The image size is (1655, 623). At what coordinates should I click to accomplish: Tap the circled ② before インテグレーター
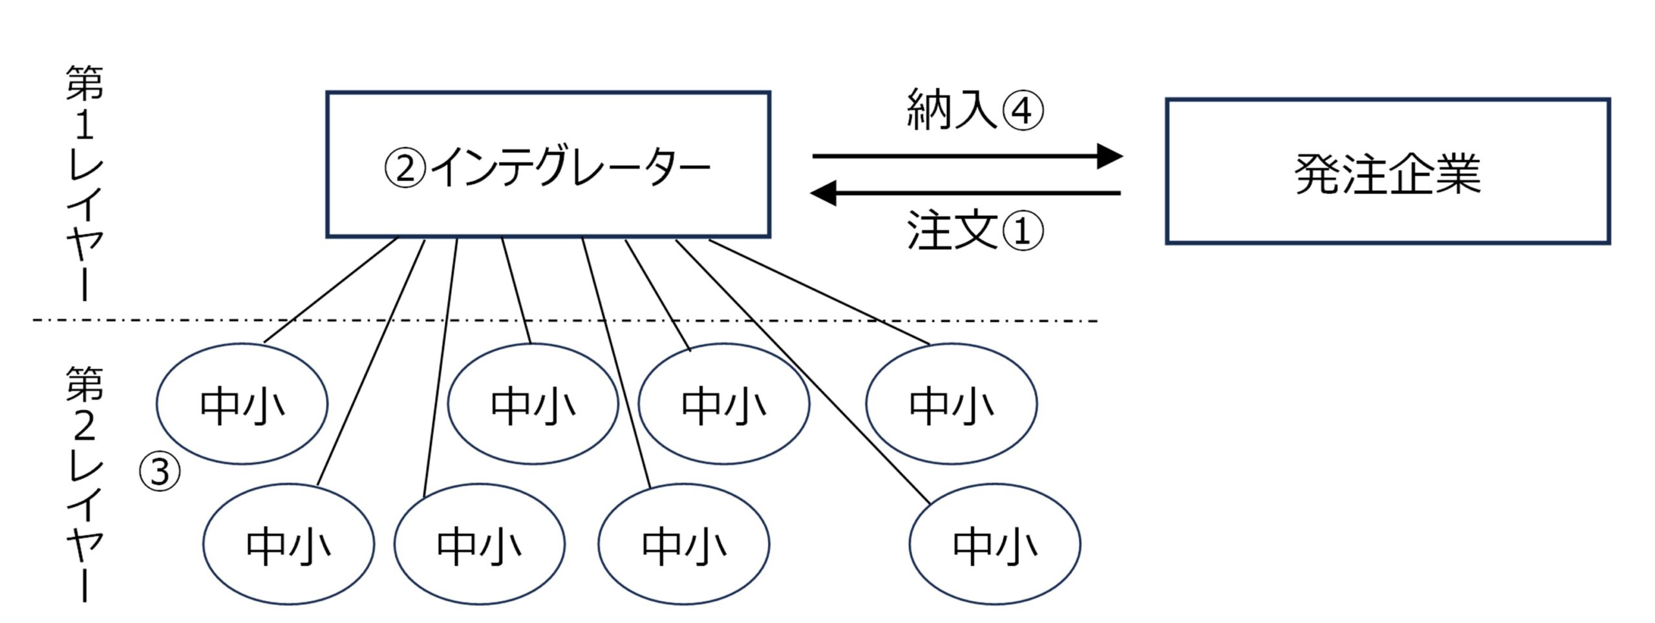point(405,167)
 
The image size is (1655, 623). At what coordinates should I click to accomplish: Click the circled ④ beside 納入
point(1022,111)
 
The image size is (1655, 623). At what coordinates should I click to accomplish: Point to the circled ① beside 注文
point(1022,231)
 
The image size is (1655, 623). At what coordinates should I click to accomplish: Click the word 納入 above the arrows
point(952,110)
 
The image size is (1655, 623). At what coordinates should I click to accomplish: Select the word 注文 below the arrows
point(952,231)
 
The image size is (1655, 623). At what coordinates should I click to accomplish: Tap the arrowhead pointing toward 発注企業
point(1110,156)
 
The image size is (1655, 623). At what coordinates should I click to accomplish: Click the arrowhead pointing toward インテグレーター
point(823,193)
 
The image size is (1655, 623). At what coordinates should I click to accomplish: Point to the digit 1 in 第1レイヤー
point(84,124)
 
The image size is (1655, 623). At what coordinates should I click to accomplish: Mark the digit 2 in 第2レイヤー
point(84,426)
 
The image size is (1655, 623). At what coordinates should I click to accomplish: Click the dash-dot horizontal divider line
point(566,320)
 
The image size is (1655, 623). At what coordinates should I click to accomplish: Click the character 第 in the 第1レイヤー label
point(84,83)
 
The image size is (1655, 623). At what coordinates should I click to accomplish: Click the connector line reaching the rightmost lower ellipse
point(802,372)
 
